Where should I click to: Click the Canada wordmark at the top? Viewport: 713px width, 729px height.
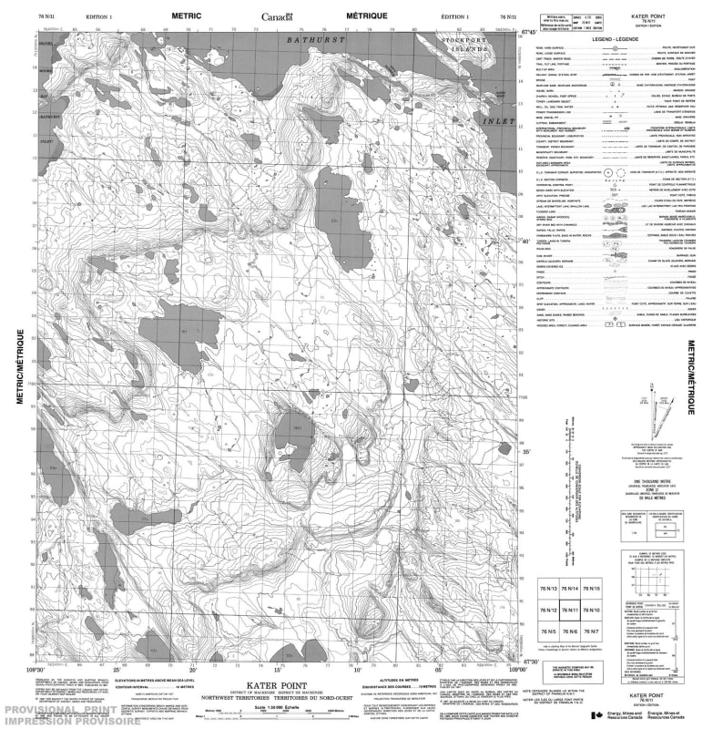(x=277, y=16)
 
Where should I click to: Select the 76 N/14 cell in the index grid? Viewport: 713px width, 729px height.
(x=571, y=589)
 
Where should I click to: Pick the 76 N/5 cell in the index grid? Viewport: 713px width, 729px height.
(x=548, y=631)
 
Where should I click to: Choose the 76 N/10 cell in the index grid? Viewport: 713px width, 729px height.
(x=593, y=611)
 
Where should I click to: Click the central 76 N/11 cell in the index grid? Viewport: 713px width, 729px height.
(x=571, y=611)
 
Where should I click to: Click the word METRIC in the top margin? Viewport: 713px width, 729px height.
(x=187, y=16)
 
